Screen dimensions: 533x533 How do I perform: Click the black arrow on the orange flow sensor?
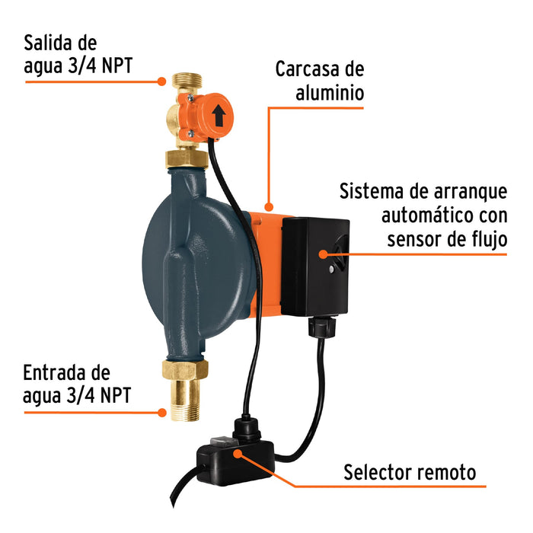(219, 115)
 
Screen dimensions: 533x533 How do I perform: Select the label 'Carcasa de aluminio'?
(320, 81)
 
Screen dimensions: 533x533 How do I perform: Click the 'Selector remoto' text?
(409, 471)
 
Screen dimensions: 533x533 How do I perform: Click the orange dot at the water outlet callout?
(162, 80)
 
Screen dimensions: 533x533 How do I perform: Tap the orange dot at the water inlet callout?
(162, 412)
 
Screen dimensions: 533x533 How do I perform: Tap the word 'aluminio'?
(329, 93)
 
